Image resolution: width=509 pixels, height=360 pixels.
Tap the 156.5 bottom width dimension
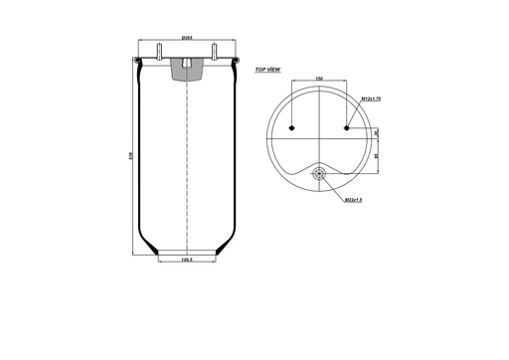point(186,262)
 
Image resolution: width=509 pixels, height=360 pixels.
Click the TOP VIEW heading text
point(268,71)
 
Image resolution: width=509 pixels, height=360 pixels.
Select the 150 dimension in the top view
point(319,76)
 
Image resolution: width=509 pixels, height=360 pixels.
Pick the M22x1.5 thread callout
point(351,200)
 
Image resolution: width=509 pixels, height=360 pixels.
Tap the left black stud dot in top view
point(292,128)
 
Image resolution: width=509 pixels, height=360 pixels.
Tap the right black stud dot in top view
point(346,128)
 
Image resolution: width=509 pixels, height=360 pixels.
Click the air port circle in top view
point(319,176)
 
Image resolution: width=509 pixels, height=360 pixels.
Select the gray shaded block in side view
point(186,69)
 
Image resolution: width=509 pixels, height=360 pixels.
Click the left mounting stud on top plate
point(159,53)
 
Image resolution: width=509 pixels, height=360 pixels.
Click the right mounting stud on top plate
point(213,53)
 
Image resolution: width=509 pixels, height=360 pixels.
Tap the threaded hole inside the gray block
point(186,66)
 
